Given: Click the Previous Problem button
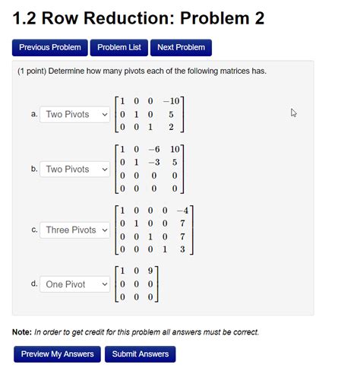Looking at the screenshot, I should click(50, 47).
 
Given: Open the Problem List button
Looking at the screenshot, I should click(119, 47).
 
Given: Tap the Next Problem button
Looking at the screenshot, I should click(181, 47).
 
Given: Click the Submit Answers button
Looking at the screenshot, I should click(141, 354).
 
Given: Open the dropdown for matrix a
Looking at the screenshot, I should click(76, 114).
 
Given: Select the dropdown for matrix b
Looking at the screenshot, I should click(76, 169).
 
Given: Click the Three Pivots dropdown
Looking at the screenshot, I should click(76, 230).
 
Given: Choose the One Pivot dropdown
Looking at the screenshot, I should click(76, 284).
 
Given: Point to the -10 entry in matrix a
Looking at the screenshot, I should click(172, 101).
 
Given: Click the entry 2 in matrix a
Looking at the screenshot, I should click(172, 128).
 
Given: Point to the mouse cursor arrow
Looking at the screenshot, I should click(294, 113).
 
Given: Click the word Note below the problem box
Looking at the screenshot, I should click(21, 332).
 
